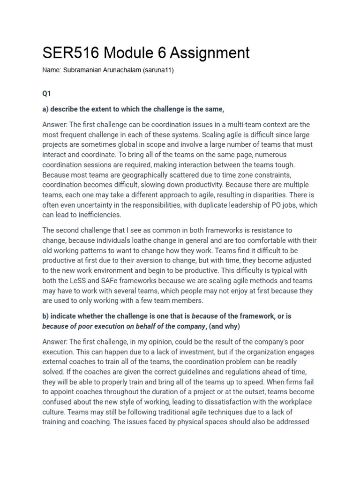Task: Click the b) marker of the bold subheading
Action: click(x=46, y=316)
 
